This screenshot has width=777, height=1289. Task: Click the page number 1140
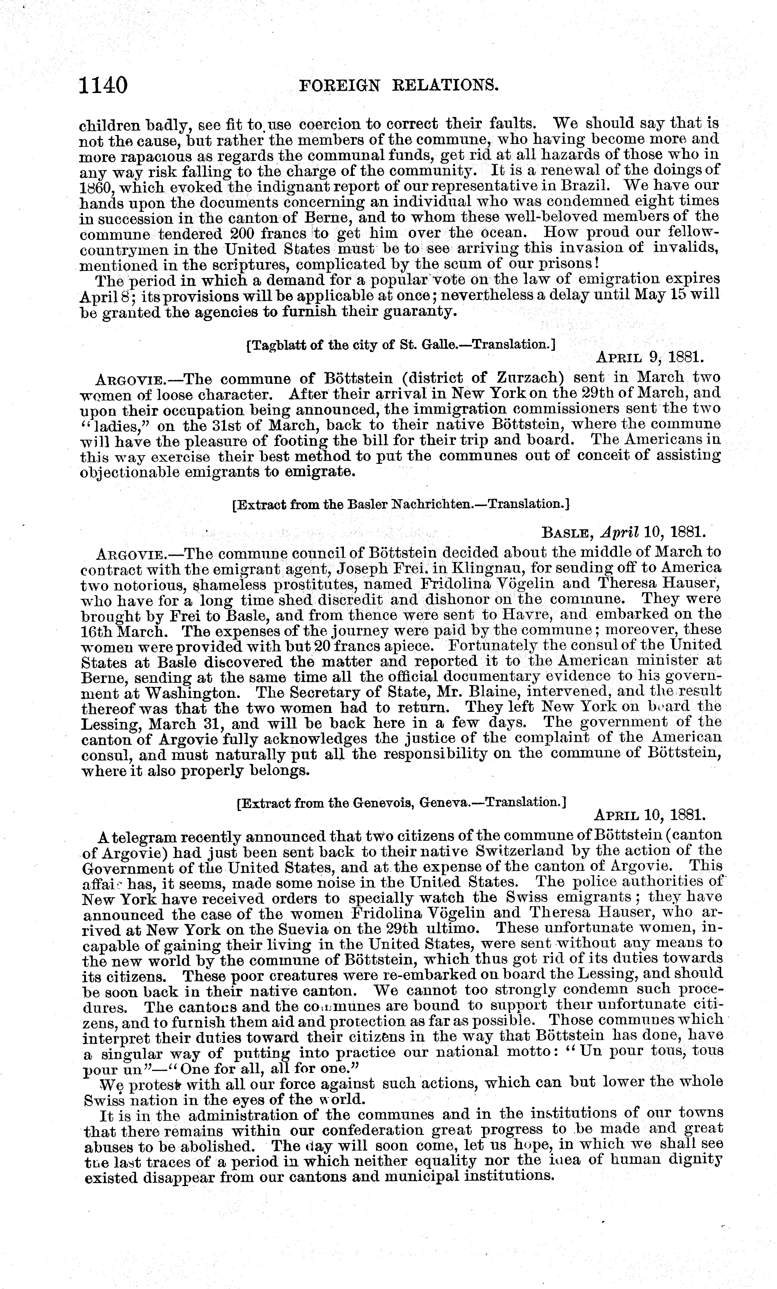[x=103, y=85]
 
